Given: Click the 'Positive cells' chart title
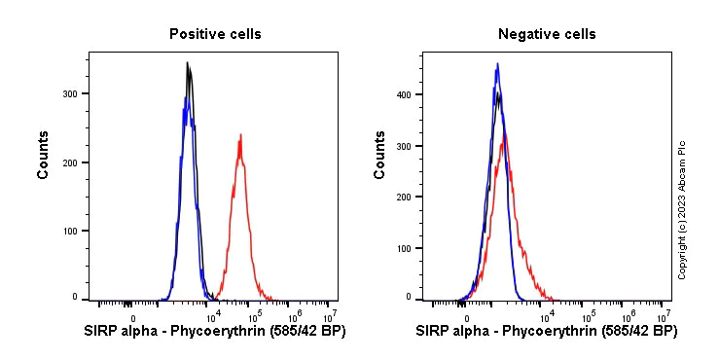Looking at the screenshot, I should click(x=215, y=34).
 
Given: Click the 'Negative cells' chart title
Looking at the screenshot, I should click(x=547, y=34).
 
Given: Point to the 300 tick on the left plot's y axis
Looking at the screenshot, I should click(x=70, y=93).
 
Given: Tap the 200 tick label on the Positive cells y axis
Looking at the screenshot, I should click(x=70, y=162).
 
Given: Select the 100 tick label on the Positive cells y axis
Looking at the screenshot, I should click(x=70, y=231).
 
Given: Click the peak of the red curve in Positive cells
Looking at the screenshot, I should click(x=239, y=135).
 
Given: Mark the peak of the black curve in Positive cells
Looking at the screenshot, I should click(x=188, y=63).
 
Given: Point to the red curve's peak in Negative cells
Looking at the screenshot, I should click(x=503, y=134).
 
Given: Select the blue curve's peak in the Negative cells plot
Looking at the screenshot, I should click(x=497, y=64).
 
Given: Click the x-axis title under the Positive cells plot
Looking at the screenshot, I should click(x=214, y=332).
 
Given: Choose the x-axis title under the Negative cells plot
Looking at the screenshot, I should click(x=547, y=332).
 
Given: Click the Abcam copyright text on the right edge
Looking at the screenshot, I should click(x=682, y=209).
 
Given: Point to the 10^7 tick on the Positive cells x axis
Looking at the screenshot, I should click(x=330, y=314).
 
